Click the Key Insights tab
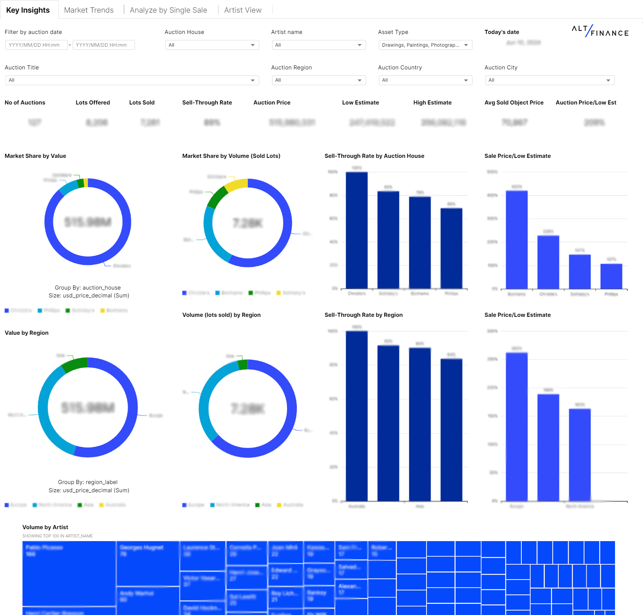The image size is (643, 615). click(28, 10)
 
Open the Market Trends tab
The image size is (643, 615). click(89, 10)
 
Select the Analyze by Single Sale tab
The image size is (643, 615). click(168, 10)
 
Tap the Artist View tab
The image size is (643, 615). click(243, 10)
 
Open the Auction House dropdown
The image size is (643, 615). click(212, 45)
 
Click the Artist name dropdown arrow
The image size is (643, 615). click(359, 45)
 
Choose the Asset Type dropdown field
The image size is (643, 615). click(425, 45)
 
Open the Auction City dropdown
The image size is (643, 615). click(549, 80)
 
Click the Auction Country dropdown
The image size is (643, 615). click(425, 80)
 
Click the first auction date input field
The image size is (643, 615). click(36, 45)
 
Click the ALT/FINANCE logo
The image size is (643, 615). click(600, 31)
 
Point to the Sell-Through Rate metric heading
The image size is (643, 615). click(207, 103)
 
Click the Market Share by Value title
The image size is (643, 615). click(35, 156)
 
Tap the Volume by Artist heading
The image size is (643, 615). click(45, 527)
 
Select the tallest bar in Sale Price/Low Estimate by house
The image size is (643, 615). click(516, 239)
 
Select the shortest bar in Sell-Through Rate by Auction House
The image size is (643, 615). click(451, 248)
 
